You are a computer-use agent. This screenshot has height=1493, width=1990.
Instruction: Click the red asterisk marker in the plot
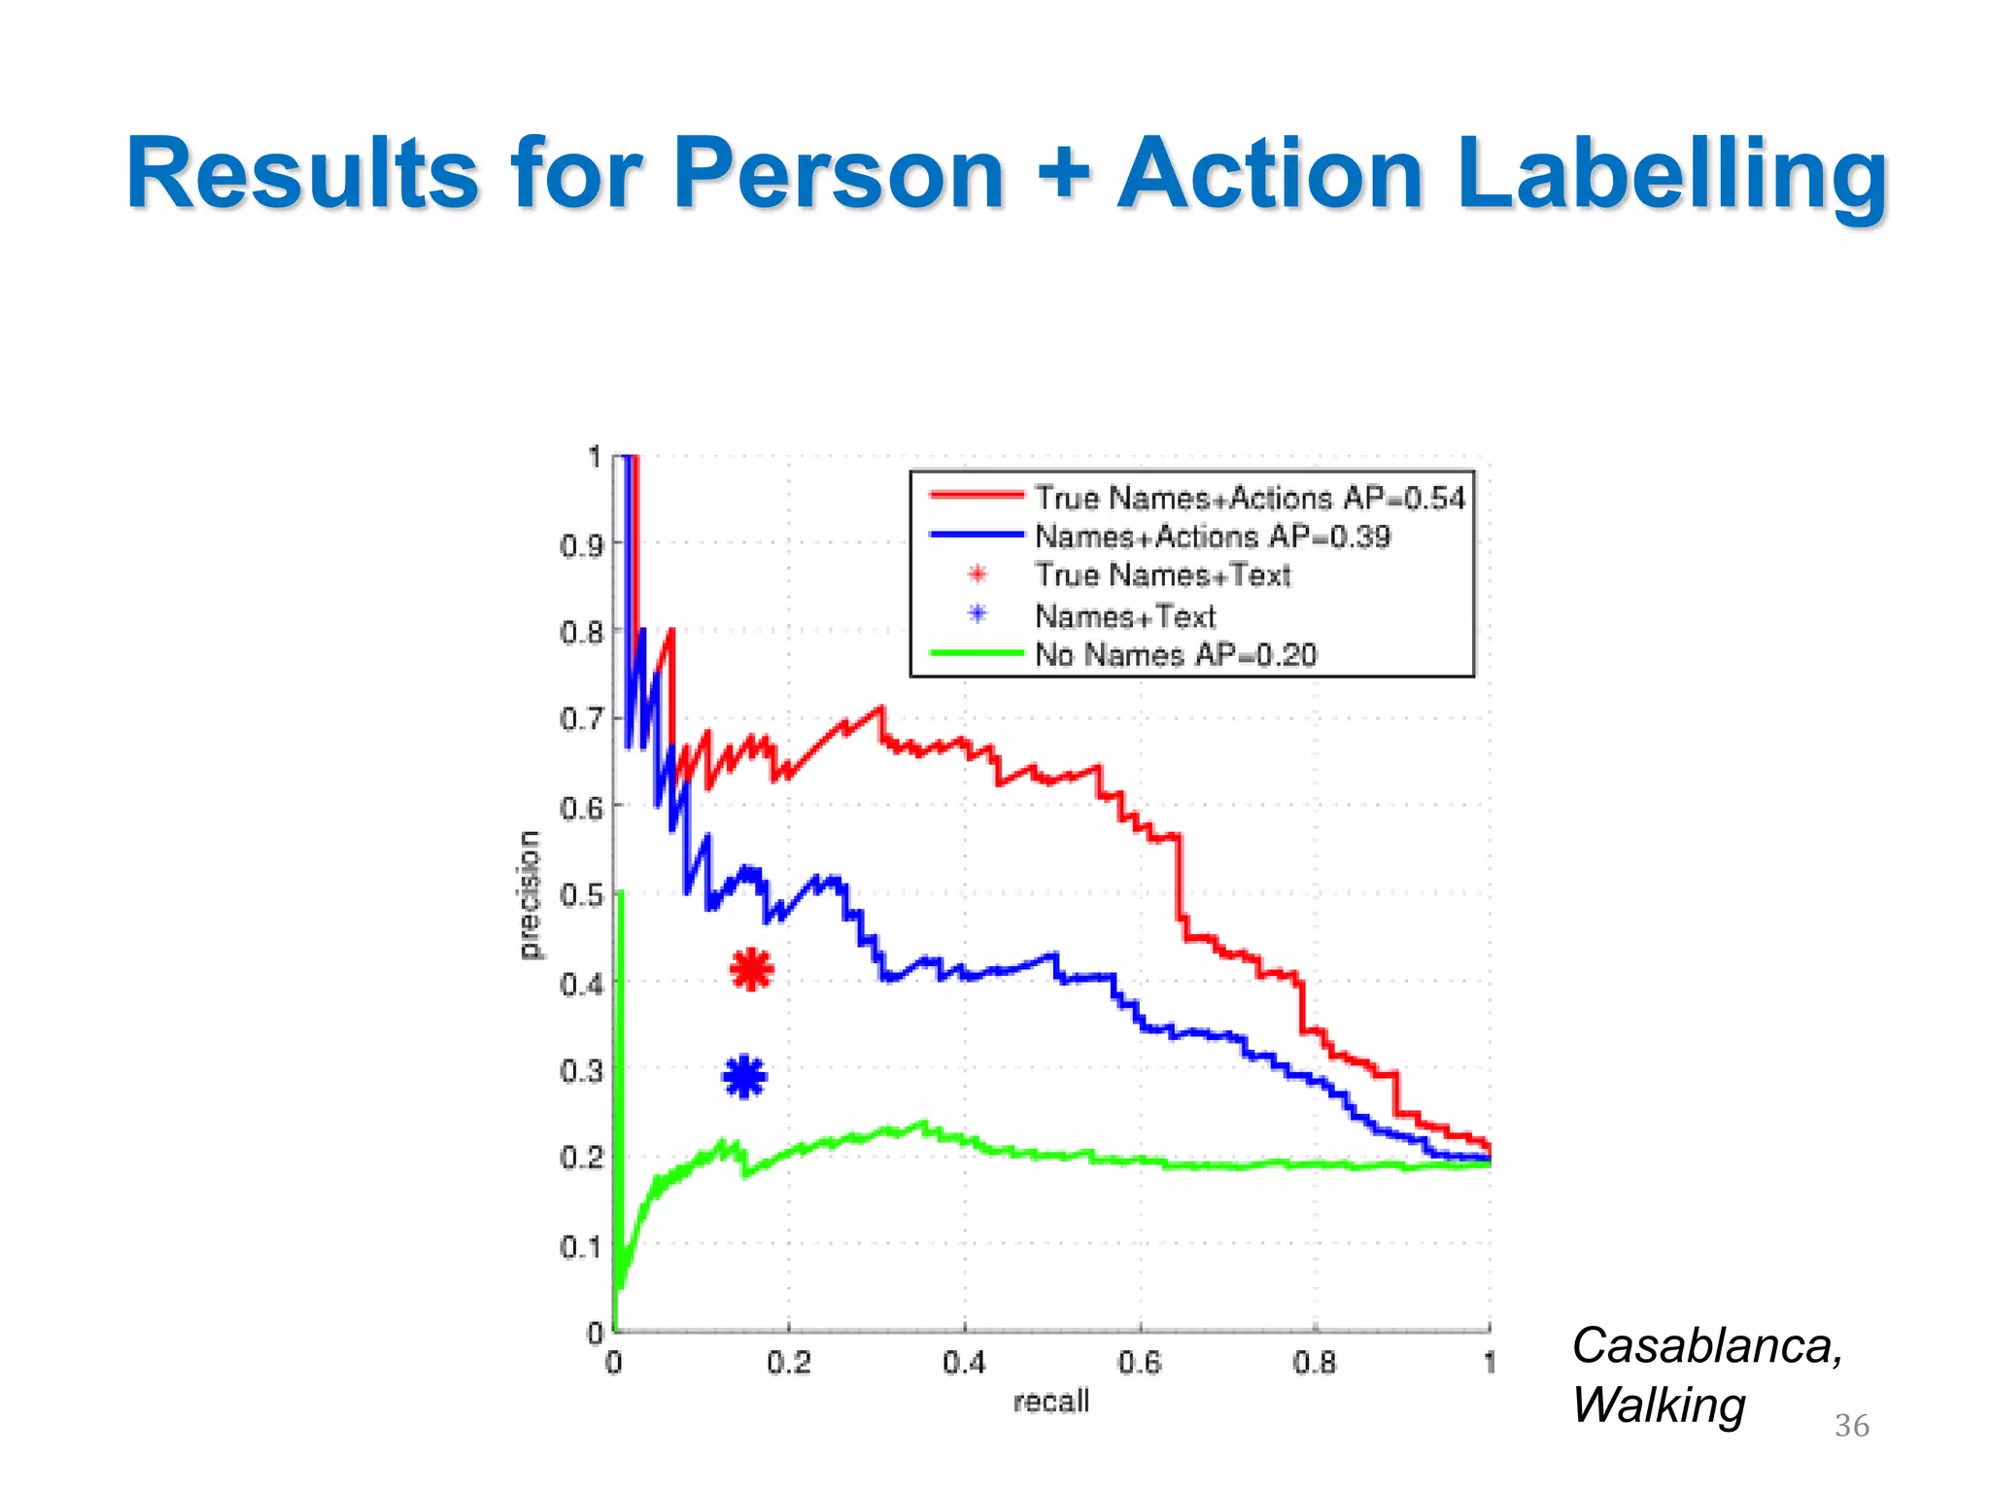pos(751,969)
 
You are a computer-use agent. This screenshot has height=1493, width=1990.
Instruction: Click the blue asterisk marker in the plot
pos(745,1076)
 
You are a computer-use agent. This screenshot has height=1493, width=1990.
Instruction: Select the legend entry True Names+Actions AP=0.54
pos(1249,498)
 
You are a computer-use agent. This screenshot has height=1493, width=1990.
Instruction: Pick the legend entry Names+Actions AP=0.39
pos(1212,537)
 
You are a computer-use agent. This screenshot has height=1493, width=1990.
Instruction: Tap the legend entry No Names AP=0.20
pos(1175,655)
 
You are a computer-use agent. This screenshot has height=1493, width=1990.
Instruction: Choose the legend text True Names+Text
pos(1162,575)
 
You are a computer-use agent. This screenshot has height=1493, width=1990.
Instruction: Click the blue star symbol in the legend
pos(978,614)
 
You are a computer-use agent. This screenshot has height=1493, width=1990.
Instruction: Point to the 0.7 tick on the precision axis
pos(580,720)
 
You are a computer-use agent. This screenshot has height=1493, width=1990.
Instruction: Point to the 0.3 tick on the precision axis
pos(580,1071)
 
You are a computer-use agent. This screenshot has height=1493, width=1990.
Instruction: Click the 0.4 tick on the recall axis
pos(964,1363)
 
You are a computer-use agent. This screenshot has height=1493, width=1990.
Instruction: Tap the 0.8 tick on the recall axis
pos(1315,1363)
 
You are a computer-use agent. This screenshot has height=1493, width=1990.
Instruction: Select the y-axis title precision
pos(529,894)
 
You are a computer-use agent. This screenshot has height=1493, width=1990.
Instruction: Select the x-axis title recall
pos(1050,1402)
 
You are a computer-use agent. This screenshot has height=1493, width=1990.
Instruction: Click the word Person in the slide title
pos(838,173)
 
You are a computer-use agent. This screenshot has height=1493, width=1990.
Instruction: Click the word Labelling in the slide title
pos(1671,173)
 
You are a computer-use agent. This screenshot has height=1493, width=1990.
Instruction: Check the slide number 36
pos(1851,1426)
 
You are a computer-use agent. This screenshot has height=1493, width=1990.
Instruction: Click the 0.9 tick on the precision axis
pos(580,545)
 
